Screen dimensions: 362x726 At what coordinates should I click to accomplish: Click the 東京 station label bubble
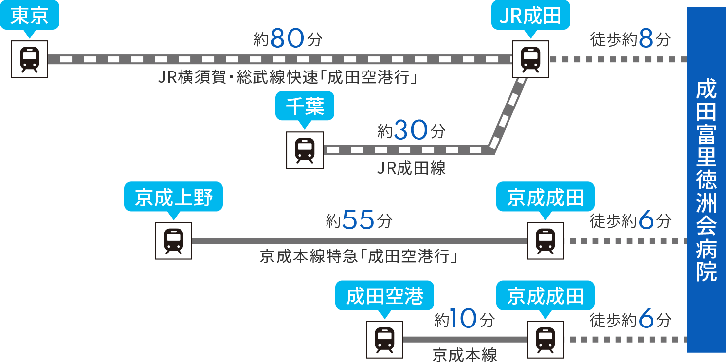tap(30, 17)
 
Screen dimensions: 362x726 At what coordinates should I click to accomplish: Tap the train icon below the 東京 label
tap(30, 59)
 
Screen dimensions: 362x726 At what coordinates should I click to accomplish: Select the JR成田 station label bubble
tap(531, 17)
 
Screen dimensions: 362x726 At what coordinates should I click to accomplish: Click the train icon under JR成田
tap(531, 59)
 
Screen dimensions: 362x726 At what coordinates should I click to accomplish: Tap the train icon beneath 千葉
tap(305, 150)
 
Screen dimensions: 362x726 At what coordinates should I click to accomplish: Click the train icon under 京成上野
tap(174, 241)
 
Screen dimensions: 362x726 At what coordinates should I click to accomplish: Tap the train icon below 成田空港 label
tap(385, 339)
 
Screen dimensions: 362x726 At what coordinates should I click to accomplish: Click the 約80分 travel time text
tap(288, 40)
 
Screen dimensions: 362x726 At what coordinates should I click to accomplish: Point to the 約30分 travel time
tap(411, 131)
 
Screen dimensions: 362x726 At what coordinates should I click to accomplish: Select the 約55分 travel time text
tap(359, 221)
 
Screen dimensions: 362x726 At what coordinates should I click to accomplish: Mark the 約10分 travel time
tap(464, 320)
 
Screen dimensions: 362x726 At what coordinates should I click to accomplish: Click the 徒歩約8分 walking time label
tap(630, 40)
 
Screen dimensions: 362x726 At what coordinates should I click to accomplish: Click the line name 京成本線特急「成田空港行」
tap(359, 257)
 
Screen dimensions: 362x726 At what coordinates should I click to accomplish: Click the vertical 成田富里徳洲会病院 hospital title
tap(706, 180)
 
